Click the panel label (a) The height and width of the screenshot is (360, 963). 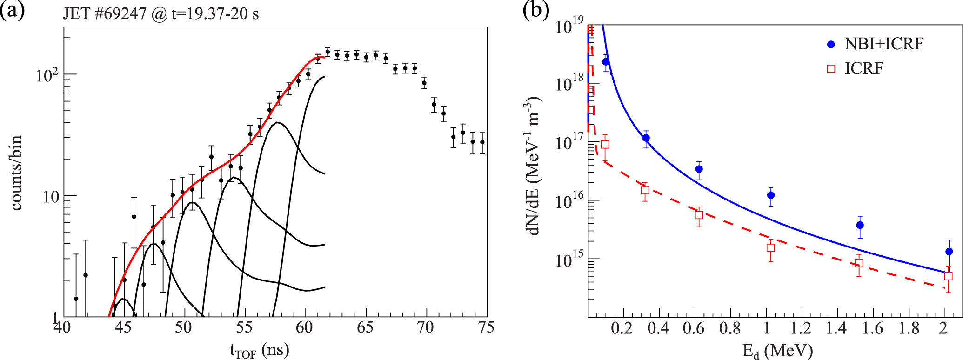[x=13, y=10]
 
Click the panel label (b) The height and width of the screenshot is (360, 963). [x=536, y=10]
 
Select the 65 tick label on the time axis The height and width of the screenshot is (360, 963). [x=365, y=327]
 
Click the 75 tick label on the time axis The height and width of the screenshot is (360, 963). [x=486, y=327]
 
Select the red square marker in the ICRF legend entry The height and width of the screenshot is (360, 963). [x=831, y=69]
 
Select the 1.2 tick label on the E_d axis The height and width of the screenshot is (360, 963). [x=801, y=328]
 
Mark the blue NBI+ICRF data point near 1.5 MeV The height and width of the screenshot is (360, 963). [x=860, y=225]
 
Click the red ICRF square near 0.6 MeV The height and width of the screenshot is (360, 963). [x=699, y=215]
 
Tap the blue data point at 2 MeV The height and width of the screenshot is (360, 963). [x=949, y=252]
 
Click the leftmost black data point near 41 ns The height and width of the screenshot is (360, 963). [x=76, y=299]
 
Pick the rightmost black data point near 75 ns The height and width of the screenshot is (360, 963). [x=482, y=142]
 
